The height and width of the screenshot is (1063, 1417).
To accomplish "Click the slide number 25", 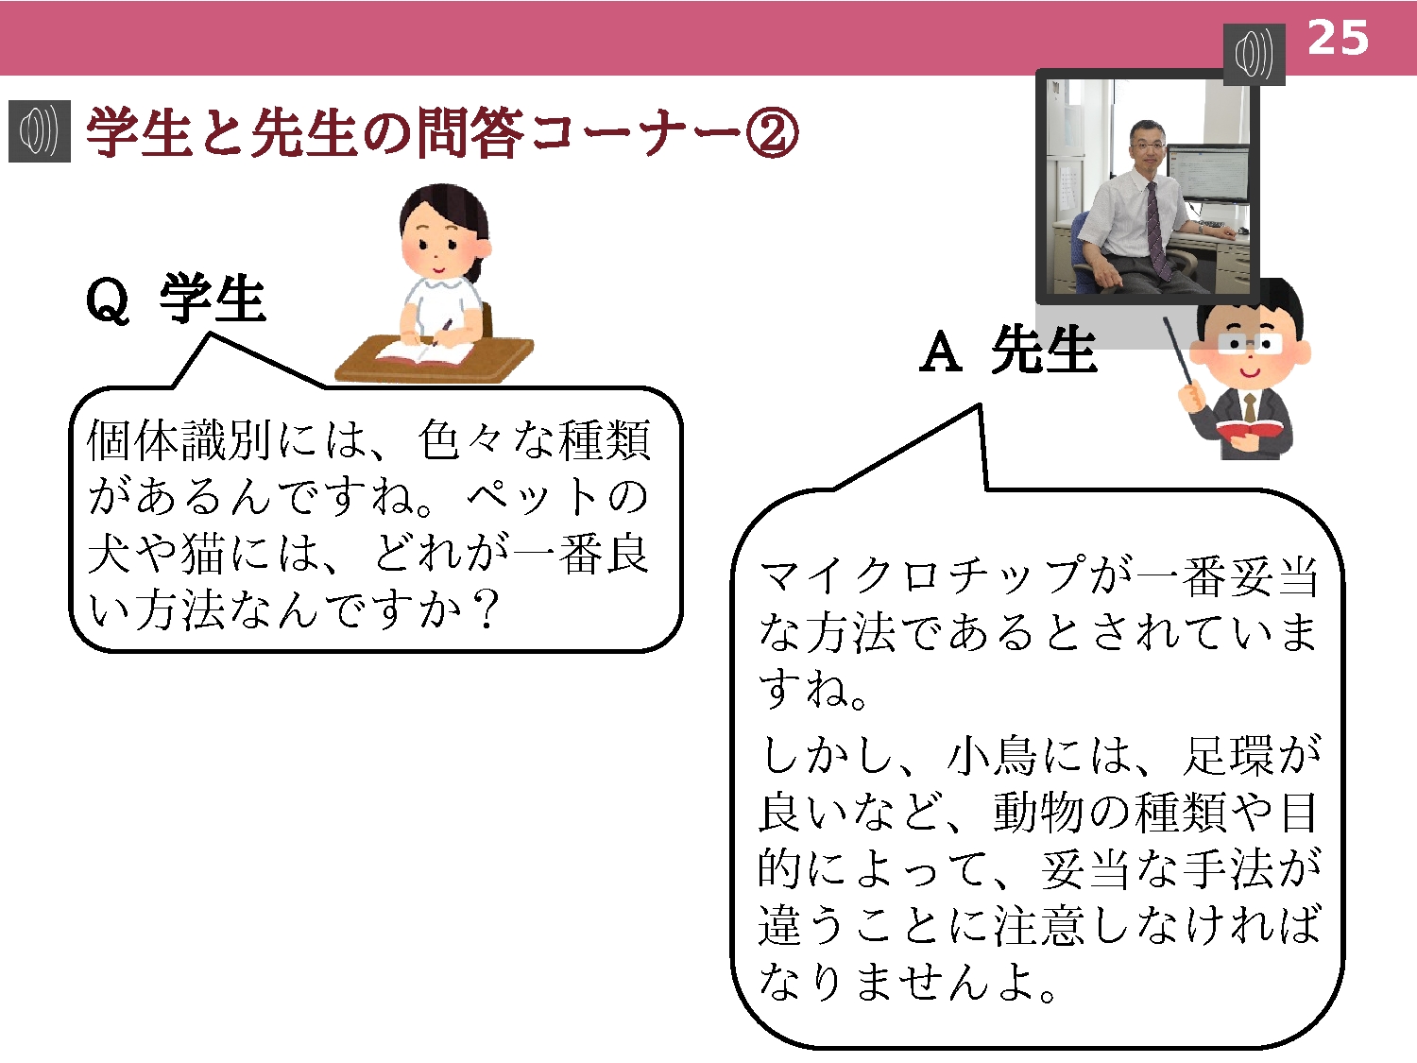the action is point(1338,38).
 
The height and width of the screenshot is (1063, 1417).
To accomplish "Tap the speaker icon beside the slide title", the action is point(40,131).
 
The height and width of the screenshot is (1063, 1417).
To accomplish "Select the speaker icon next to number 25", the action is point(1254,54).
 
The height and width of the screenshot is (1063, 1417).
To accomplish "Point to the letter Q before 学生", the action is point(107,300).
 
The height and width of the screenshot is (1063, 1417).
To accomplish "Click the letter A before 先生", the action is point(941,351).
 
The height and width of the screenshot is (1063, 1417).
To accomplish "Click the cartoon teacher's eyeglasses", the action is point(1249,343).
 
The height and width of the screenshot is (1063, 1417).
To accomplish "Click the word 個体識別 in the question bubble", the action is point(179,440).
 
